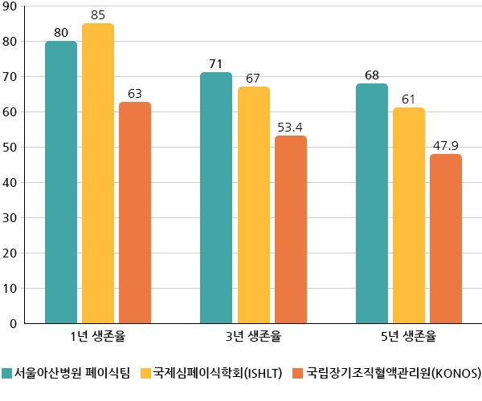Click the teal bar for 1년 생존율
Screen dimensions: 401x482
(x=61, y=183)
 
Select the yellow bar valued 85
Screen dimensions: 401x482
(x=98, y=174)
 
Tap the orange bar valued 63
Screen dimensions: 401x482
(x=135, y=213)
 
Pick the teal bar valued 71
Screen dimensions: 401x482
(x=216, y=198)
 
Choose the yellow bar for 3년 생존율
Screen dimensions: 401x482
(x=253, y=205)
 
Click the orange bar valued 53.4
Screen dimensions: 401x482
(x=290, y=229)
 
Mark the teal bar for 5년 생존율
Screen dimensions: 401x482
(x=371, y=204)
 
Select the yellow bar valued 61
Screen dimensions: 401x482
(x=408, y=216)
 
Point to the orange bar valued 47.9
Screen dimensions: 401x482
(x=445, y=239)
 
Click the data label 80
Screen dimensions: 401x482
(x=61, y=33)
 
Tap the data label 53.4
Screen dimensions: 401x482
(x=290, y=127)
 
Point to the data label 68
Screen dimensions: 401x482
(x=371, y=75)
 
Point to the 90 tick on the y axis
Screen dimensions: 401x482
(x=10, y=6)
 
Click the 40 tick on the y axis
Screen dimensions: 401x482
(x=10, y=182)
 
